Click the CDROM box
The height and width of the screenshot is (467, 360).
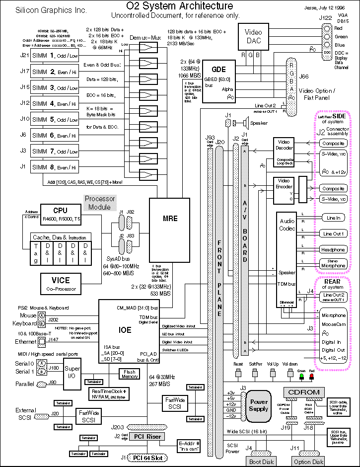click(x=304, y=391)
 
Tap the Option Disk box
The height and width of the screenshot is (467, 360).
click(x=308, y=462)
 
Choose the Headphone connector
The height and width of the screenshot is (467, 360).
click(x=333, y=250)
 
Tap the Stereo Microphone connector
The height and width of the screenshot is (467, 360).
click(x=333, y=263)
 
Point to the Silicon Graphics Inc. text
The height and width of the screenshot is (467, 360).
click(x=44, y=10)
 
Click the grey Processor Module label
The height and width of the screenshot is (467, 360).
click(x=99, y=202)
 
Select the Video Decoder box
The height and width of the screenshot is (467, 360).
click(x=284, y=146)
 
